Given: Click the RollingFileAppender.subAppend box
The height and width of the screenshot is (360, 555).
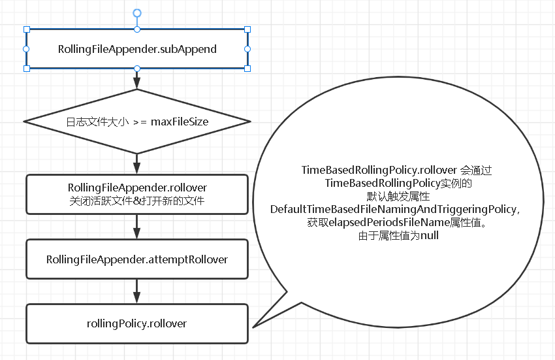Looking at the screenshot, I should (x=137, y=49).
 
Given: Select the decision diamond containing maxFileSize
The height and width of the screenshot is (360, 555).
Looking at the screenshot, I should (x=137, y=122).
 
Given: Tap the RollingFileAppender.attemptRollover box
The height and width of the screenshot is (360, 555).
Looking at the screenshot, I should (x=137, y=259).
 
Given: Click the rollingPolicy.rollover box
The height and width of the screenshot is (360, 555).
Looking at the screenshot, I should (x=137, y=323).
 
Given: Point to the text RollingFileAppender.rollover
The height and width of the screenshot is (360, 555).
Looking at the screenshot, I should (x=137, y=188).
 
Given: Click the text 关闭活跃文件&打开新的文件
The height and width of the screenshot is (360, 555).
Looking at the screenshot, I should (x=137, y=201).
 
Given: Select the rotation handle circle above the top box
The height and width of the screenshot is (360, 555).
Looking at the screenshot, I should (x=137, y=12).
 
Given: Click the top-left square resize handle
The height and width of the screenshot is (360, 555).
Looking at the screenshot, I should (x=27, y=29).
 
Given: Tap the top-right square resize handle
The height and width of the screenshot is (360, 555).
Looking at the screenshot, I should (x=247, y=29).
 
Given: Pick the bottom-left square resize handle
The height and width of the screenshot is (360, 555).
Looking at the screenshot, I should (x=27, y=69).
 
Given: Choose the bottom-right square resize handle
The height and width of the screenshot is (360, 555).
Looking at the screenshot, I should (x=247, y=69).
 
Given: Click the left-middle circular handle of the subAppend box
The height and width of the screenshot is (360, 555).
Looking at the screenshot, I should (x=27, y=49).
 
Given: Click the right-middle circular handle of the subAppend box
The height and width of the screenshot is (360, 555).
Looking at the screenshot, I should (x=247, y=49).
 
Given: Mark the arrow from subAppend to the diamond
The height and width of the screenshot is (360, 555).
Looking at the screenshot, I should (x=137, y=80).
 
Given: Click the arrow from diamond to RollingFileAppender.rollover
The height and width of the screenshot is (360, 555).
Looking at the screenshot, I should (x=137, y=163).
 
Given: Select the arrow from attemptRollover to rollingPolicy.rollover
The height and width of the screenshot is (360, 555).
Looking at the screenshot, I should (x=137, y=291).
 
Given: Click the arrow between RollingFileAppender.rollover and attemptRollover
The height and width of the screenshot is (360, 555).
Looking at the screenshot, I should (x=137, y=227).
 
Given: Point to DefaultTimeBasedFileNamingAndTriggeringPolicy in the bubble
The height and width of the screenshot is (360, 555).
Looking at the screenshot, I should (x=395, y=208).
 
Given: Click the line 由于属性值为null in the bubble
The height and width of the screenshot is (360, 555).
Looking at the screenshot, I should (x=399, y=236).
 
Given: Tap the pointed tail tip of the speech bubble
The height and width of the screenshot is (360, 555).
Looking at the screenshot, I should (x=253, y=326).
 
